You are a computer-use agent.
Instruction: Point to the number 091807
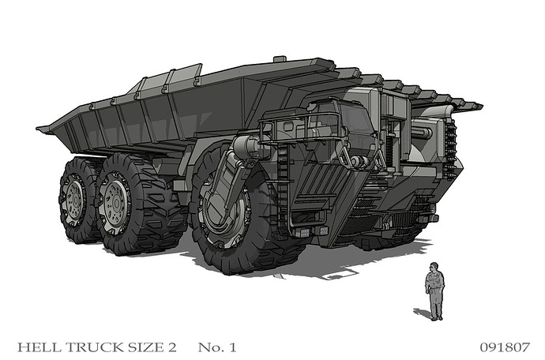[x=505, y=347]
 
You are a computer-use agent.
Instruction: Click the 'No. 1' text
[x=217, y=347]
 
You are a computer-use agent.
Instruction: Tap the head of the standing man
[x=434, y=267]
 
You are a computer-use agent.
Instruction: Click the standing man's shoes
[x=437, y=318]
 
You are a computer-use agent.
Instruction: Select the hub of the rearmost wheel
[x=73, y=200]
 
